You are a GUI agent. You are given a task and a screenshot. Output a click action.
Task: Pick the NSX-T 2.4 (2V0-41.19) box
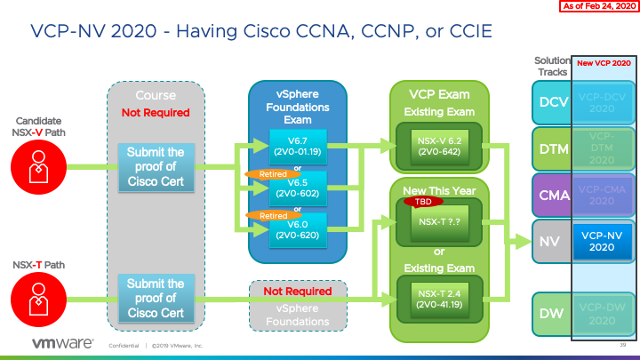[x=439, y=298]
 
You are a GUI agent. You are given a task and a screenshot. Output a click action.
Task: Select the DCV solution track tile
[x=548, y=103]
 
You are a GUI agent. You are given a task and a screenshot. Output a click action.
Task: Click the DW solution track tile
[x=548, y=313]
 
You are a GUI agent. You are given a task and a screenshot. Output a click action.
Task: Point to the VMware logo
[x=64, y=343]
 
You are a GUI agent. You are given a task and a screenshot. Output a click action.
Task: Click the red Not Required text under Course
[x=156, y=113]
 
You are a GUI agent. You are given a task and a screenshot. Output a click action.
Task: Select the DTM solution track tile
[x=548, y=148]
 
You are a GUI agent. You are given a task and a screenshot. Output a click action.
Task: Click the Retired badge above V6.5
[x=274, y=174]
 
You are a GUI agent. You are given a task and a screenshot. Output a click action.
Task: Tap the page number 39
[x=622, y=345]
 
